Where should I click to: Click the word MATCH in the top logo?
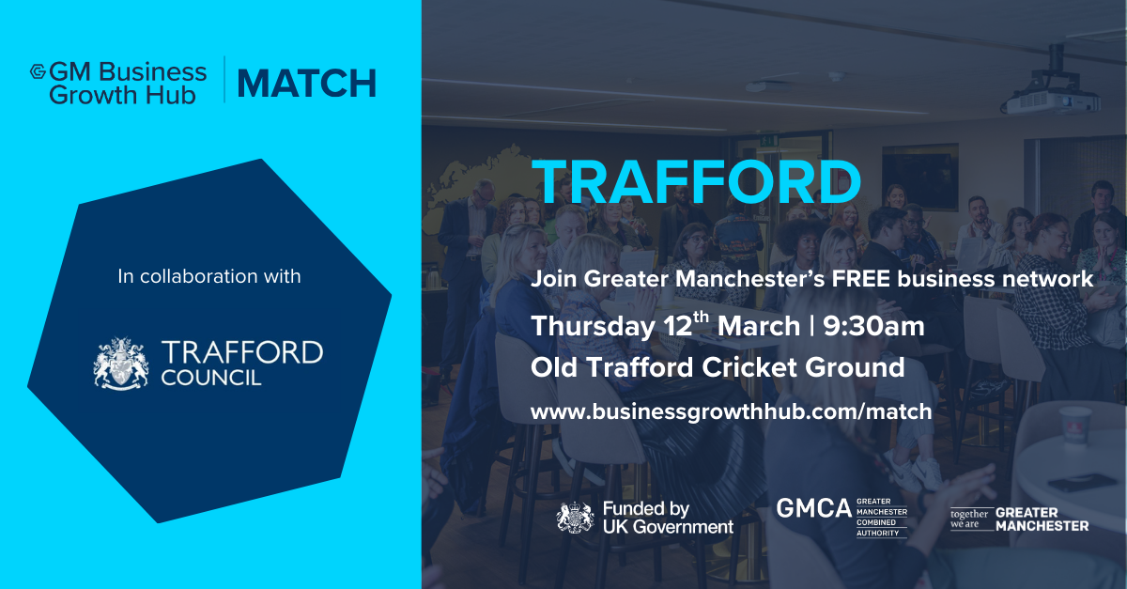(306, 84)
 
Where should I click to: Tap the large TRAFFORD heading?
(696, 181)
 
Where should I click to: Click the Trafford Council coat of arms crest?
(121, 364)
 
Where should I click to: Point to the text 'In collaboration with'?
(209, 276)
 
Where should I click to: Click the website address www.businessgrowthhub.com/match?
(731, 411)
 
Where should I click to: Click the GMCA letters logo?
(813, 508)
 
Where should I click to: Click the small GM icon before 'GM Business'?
(39, 70)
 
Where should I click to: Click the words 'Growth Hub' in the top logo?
(122, 94)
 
